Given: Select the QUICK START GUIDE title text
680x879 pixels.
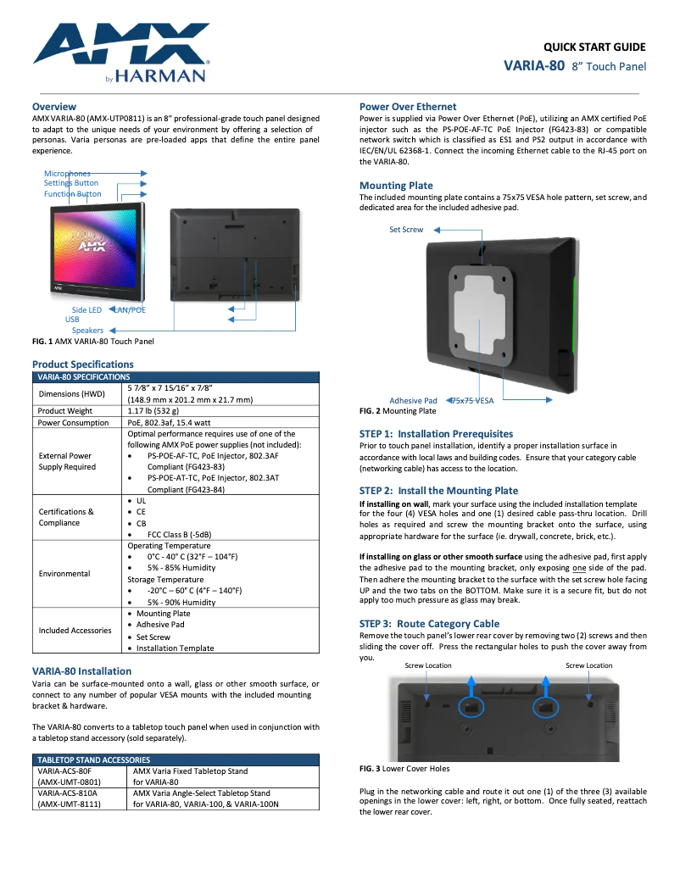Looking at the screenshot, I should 594,47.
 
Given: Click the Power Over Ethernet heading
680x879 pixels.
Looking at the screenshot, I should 408,106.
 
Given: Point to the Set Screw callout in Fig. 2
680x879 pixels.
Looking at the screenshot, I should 406,230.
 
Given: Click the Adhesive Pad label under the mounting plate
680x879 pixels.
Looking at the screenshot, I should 413,400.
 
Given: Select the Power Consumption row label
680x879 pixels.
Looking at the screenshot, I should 74,422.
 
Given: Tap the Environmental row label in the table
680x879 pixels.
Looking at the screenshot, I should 64,573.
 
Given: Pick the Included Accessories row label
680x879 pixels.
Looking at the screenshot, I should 75,630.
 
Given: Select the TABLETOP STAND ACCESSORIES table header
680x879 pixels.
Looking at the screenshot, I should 93,759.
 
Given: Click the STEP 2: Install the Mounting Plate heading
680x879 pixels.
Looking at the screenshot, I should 438,491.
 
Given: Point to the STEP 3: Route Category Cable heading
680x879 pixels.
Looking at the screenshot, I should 429,623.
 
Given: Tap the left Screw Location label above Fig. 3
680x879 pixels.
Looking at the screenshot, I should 428,665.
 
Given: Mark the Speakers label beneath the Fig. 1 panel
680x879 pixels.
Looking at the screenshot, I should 87,331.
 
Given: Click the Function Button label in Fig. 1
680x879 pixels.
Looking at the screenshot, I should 73,194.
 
